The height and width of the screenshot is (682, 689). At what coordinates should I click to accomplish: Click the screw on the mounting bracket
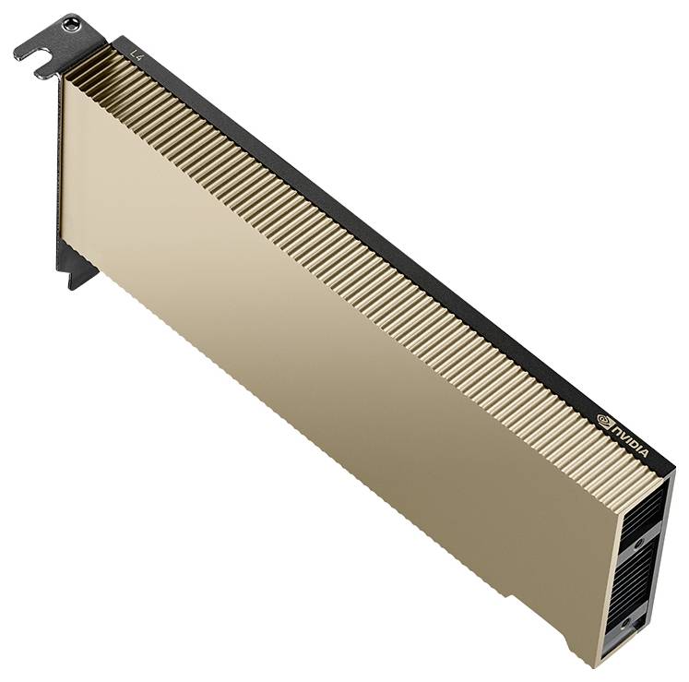click(71, 24)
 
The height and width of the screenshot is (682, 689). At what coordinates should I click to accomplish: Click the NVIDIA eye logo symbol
click(605, 420)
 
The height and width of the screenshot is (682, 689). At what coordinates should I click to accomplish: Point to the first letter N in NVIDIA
click(617, 430)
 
